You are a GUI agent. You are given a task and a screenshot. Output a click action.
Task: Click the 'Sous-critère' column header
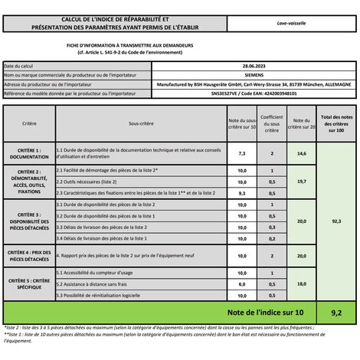click(140, 123)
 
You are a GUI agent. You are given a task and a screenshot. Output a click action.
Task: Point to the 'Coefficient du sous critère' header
click(272, 123)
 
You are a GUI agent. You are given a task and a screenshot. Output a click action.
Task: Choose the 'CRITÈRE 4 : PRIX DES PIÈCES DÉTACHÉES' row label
click(28, 255)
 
